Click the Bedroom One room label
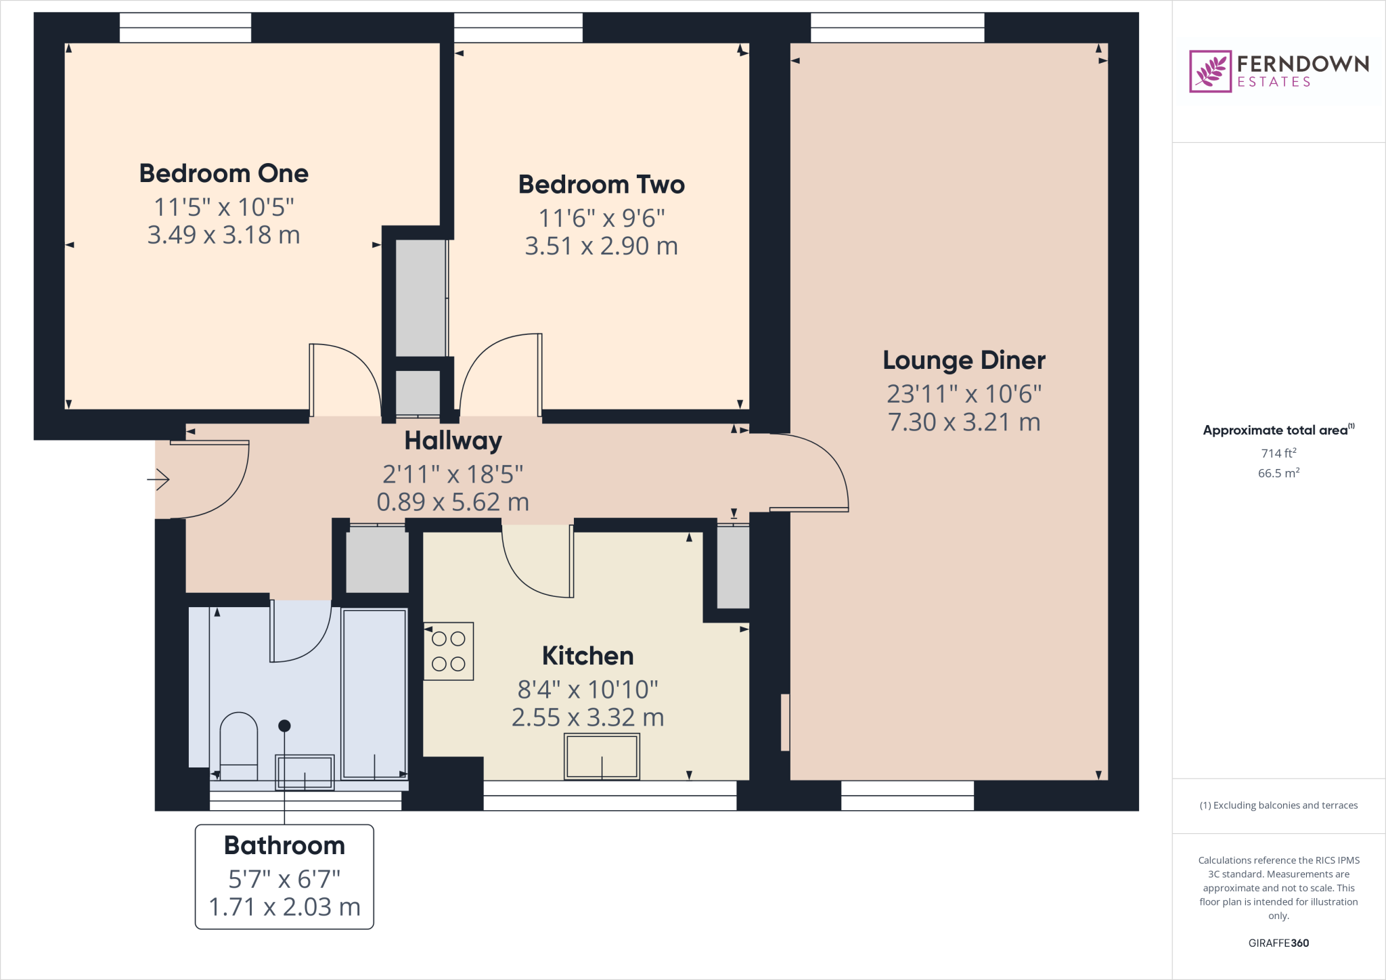(223, 173)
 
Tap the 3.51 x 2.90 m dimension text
(601, 246)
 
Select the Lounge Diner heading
(964, 360)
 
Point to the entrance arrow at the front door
(158, 480)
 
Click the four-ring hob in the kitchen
(449, 651)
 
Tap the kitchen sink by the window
(602, 757)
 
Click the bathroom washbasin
(305, 772)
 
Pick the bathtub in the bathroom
(374, 694)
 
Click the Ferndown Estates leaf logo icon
(1210, 71)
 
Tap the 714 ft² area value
(1278, 453)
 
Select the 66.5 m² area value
(1278, 473)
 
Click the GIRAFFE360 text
(1278, 943)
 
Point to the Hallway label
(453, 441)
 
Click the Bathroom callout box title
(284, 845)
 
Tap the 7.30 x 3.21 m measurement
(964, 422)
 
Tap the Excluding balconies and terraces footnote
(1278, 805)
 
